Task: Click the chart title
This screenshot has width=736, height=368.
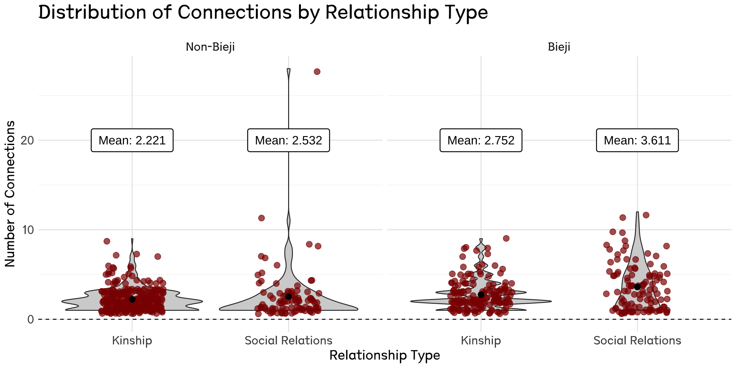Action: click(x=263, y=13)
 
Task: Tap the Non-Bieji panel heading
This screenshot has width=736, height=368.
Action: click(x=210, y=47)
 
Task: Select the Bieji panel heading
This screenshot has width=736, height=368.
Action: click(x=559, y=47)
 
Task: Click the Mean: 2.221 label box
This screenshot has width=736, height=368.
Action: click(x=132, y=140)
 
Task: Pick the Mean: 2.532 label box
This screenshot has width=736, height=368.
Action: click(x=288, y=140)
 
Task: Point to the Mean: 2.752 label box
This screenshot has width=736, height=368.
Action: click(x=481, y=140)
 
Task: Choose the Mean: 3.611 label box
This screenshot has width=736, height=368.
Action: click(x=637, y=140)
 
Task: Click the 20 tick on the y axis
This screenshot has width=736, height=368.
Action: click(x=27, y=140)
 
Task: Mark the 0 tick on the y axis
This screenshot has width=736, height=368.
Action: click(x=31, y=319)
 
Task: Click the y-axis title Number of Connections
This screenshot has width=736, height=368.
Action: click(x=10, y=194)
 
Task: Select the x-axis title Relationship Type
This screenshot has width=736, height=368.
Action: click(x=385, y=355)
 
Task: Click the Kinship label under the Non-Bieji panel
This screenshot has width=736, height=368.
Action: click(x=132, y=341)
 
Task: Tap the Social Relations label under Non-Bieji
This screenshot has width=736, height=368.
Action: click(x=288, y=341)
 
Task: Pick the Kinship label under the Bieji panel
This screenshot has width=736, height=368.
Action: click(x=481, y=341)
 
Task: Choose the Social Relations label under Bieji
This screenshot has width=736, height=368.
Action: click(x=637, y=341)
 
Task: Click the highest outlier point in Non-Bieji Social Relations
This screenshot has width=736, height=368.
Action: click(x=317, y=72)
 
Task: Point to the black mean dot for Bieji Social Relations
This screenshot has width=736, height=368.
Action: click(x=637, y=287)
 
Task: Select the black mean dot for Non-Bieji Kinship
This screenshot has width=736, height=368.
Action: click(x=132, y=299)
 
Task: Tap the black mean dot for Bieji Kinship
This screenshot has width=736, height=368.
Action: click(x=481, y=295)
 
